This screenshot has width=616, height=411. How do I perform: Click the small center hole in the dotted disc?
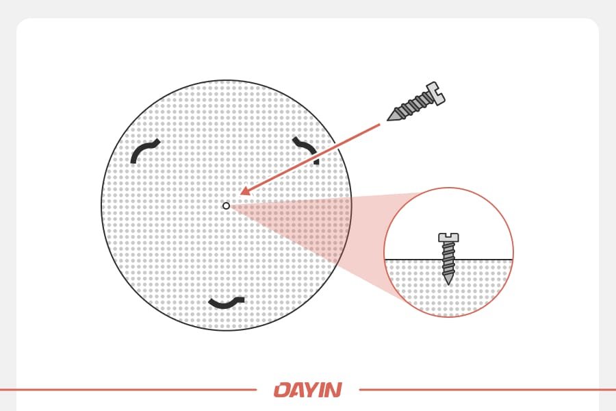coord(226,206)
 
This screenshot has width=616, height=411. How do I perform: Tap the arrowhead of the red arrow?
coord(244,193)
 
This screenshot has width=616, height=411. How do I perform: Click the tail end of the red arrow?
coord(378,125)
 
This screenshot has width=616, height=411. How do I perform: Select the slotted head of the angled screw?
coord(434,93)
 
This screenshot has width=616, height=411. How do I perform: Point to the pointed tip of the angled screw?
coord(390,119)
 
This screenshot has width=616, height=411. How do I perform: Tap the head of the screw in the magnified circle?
coord(448,238)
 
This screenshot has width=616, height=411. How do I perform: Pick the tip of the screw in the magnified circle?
coord(448,282)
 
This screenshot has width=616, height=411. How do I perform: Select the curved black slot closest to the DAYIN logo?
coord(226,302)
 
